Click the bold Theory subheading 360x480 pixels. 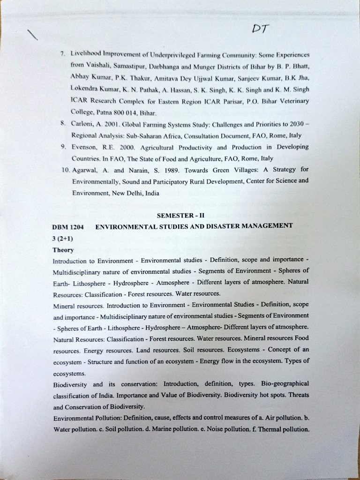click(x=63, y=250)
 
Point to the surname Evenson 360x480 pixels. click(x=86, y=147)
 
